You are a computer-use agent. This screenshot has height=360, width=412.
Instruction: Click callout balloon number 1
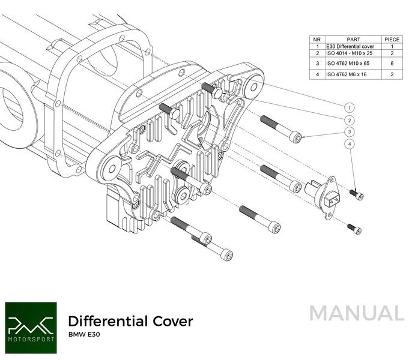(349, 107)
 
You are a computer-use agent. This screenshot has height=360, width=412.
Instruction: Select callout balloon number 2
(349, 119)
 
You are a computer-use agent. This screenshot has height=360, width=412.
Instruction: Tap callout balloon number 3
(349, 132)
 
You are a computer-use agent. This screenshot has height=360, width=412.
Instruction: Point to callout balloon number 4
(349, 145)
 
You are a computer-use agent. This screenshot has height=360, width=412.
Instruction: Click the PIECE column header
(392, 39)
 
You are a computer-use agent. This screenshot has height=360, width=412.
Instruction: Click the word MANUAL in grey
(357, 314)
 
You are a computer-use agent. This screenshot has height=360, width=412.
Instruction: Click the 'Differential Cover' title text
(130, 321)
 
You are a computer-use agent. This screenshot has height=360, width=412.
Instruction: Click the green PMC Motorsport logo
(30, 324)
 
